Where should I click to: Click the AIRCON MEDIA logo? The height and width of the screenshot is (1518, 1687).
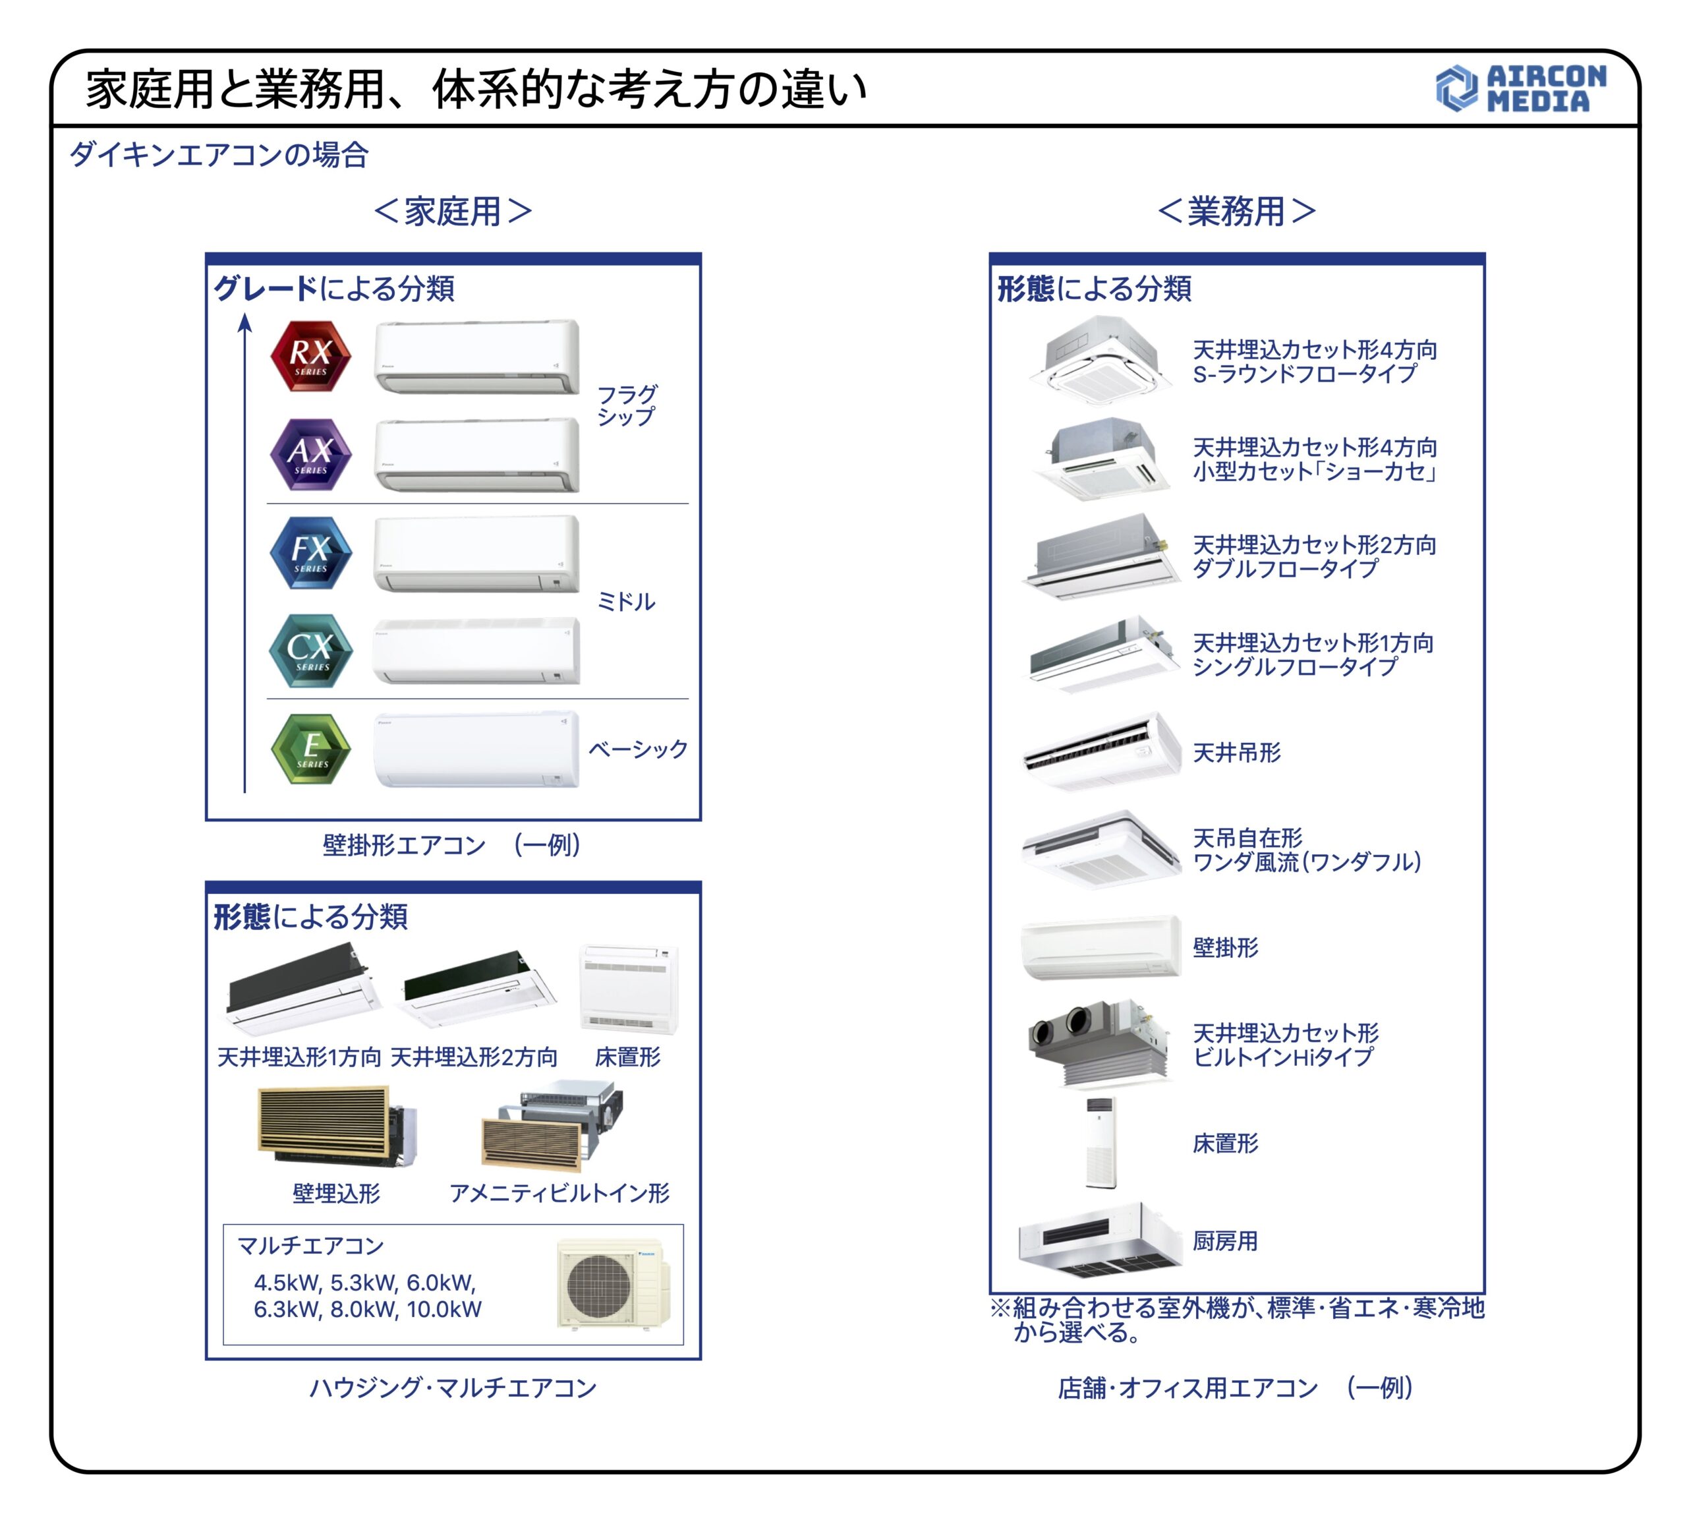tap(1520, 88)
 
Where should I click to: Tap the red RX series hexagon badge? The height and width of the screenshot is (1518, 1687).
tap(310, 356)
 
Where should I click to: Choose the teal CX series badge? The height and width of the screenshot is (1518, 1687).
tap(310, 651)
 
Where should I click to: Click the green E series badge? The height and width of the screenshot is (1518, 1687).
tap(310, 748)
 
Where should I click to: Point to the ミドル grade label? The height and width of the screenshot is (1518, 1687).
tap(625, 601)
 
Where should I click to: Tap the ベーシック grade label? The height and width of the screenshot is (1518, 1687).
tap(638, 749)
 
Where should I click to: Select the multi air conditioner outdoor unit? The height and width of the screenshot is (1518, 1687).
tap(613, 1283)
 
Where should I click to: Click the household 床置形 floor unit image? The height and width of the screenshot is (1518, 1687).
tap(629, 990)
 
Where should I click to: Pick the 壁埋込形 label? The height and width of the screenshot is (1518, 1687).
tap(336, 1194)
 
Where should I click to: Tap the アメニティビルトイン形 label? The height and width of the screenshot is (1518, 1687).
tap(559, 1194)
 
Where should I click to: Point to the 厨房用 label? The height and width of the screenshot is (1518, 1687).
tap(1225, 1241)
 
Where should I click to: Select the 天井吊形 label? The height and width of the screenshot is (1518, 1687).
tap(1237, 752)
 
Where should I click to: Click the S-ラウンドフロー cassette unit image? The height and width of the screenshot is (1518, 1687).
tap(1100, 361)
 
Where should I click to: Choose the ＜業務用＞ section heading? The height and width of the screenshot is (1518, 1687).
tap(1237, 211)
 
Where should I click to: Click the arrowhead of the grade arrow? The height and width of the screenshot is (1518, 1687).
tap(244, 322)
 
